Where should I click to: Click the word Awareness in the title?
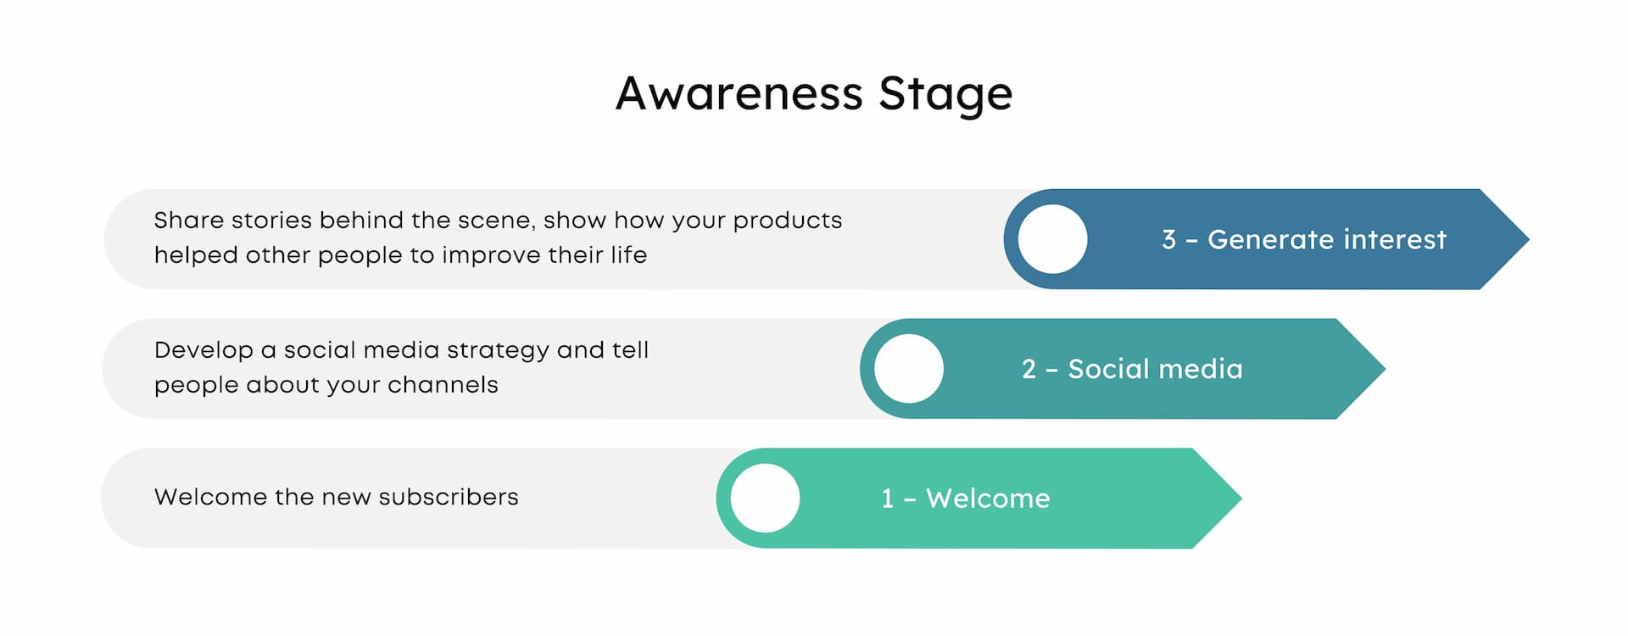[739, 93]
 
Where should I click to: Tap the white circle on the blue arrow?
[1052, 239]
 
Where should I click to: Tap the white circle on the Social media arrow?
[908, 369]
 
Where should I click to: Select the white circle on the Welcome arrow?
[765, 499]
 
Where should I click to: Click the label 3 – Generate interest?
[1304, 240]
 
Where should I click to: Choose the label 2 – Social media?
[1132, 369]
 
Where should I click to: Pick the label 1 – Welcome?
[966, 499]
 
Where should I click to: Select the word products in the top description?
[787, 221]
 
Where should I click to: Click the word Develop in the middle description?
[203, 351]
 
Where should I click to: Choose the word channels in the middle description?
[443, 385]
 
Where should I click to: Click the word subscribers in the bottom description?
[449, 497]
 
